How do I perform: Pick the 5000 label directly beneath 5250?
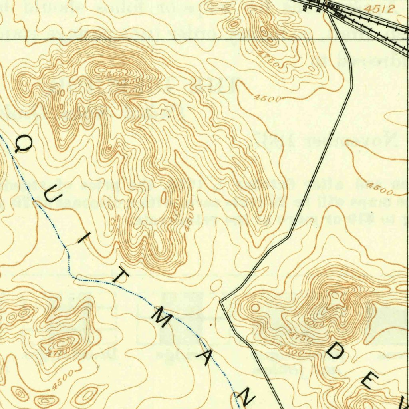click(x=140, y=87)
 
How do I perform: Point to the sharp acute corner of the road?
click(x=220, y=302)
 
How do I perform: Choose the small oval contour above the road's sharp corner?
click(x=216, y=285)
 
